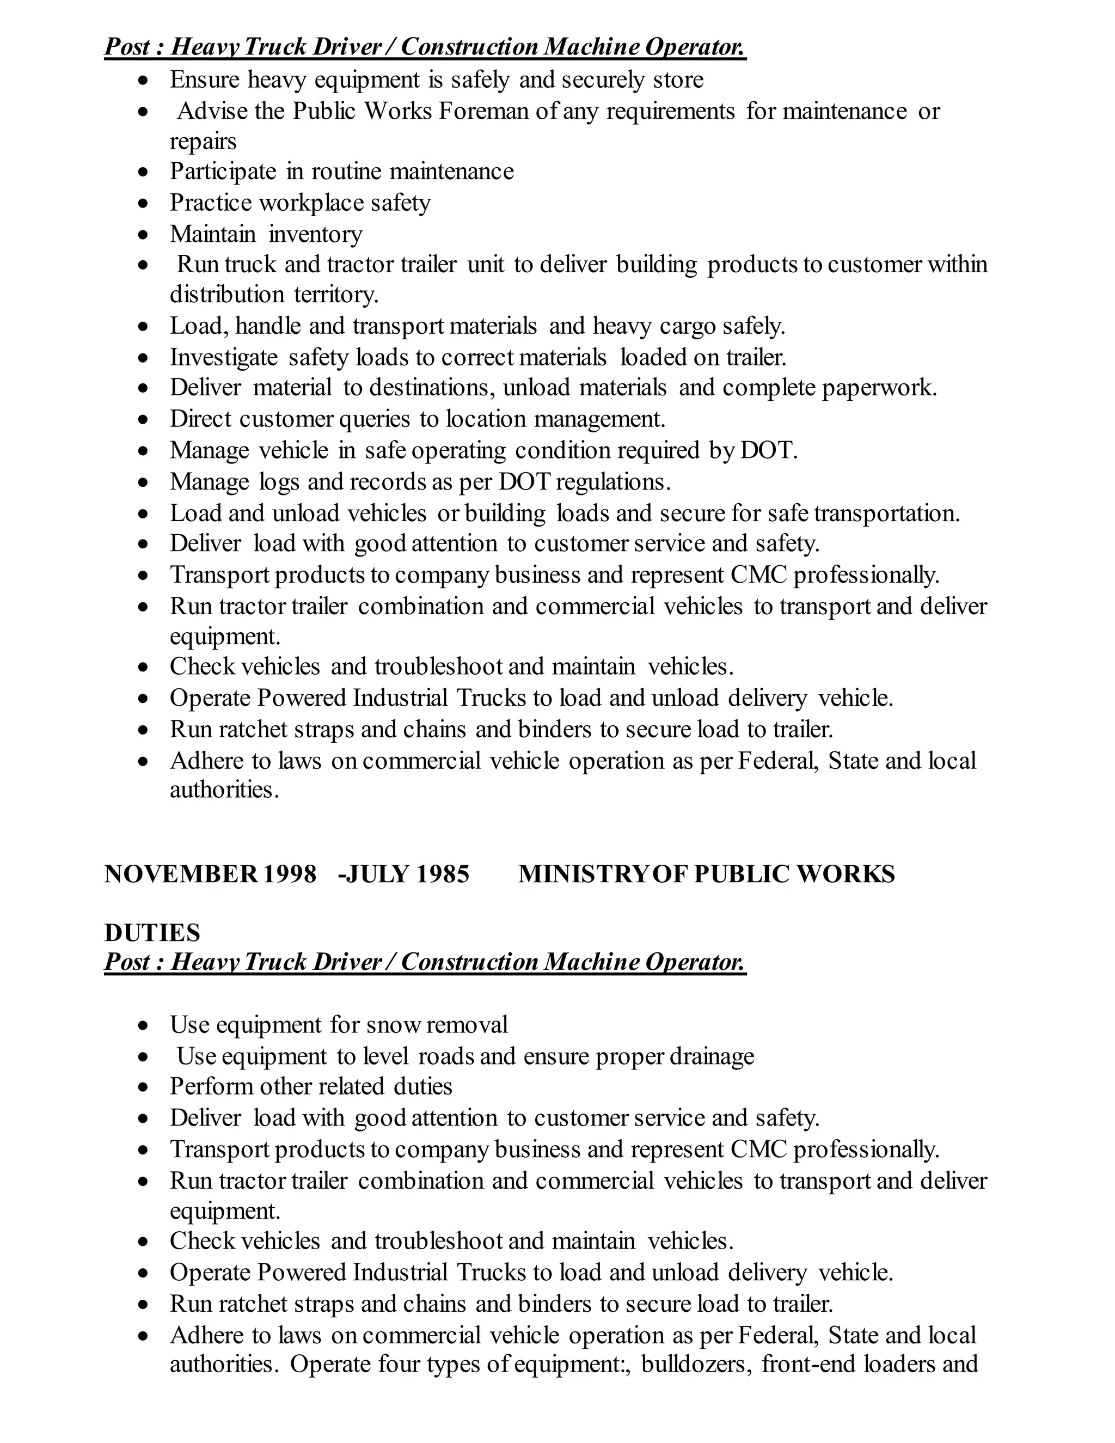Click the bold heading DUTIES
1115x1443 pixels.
click(x=152, y=933)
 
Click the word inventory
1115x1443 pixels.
click(x=315, y=234)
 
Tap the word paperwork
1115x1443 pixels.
click(x=879, y=387)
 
